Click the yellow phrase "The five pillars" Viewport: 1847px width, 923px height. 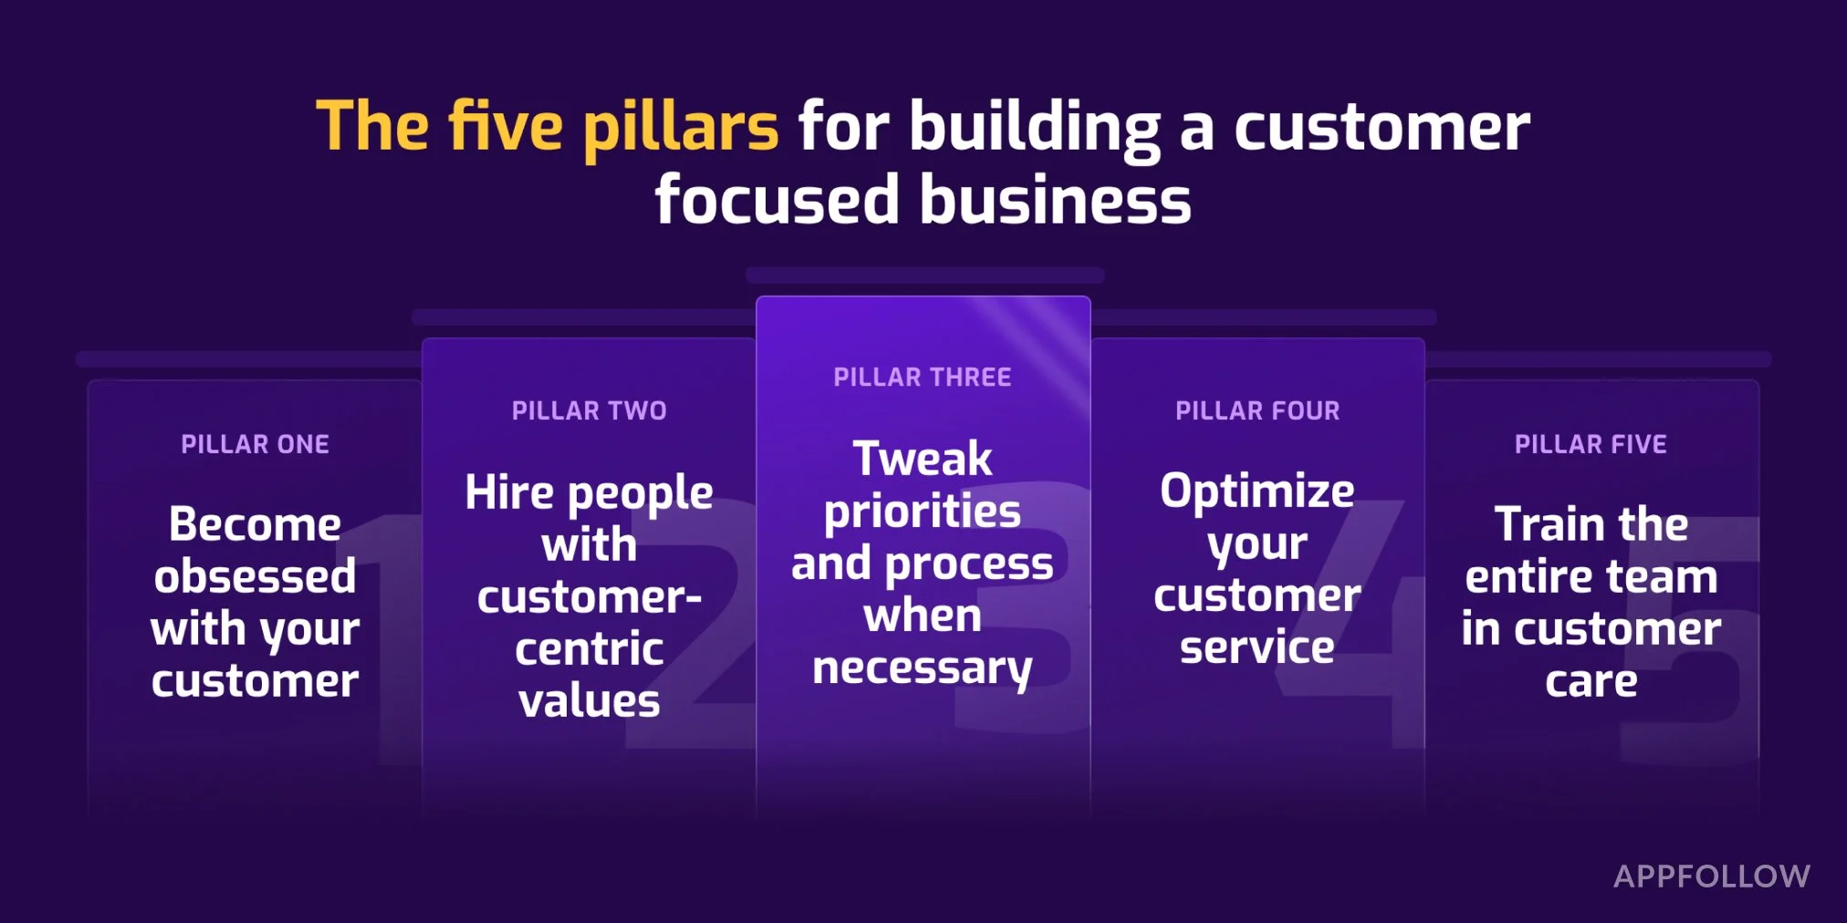[548, 128]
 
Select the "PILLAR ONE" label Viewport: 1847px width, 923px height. [256, 444]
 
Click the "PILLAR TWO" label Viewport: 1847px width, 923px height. [590, 410]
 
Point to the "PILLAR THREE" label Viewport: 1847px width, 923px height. [923, 378]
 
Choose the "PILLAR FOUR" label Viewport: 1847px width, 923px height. [1257, 410]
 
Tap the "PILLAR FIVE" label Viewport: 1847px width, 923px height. [1591, 444]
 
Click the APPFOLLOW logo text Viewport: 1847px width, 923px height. [1712, 876]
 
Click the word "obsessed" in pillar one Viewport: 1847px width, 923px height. [256, 576]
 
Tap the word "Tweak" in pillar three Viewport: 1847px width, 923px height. [923, 459]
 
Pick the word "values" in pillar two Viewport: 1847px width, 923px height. [590, 701]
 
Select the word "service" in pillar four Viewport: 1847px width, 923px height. [1257, 648]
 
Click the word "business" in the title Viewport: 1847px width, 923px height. [1056, 200]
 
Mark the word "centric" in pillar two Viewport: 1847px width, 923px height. [590, 649]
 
